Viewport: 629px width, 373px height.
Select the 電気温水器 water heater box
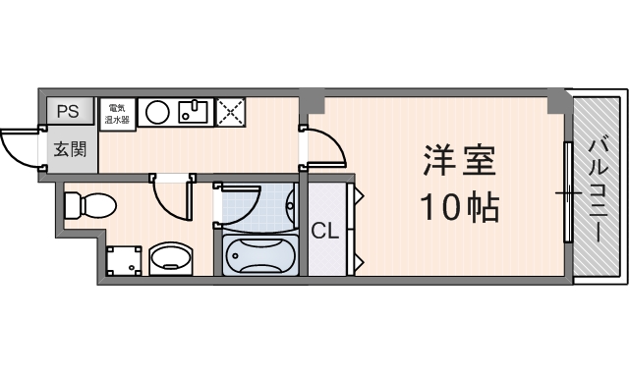(x=118, y=112)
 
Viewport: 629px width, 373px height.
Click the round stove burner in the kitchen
(x=157, y=112)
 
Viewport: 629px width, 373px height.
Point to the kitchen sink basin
(x=194, y=111)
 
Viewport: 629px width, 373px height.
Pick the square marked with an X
(x=233, y=112)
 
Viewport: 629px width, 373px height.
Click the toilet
(x=86, y=207)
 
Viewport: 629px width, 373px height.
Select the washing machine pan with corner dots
(x=123, y=260)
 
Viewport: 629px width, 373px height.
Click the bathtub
(x=259, y=256)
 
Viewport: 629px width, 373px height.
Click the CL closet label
(x=325, y=232)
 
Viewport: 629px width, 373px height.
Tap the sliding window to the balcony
(x=567, y=192)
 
